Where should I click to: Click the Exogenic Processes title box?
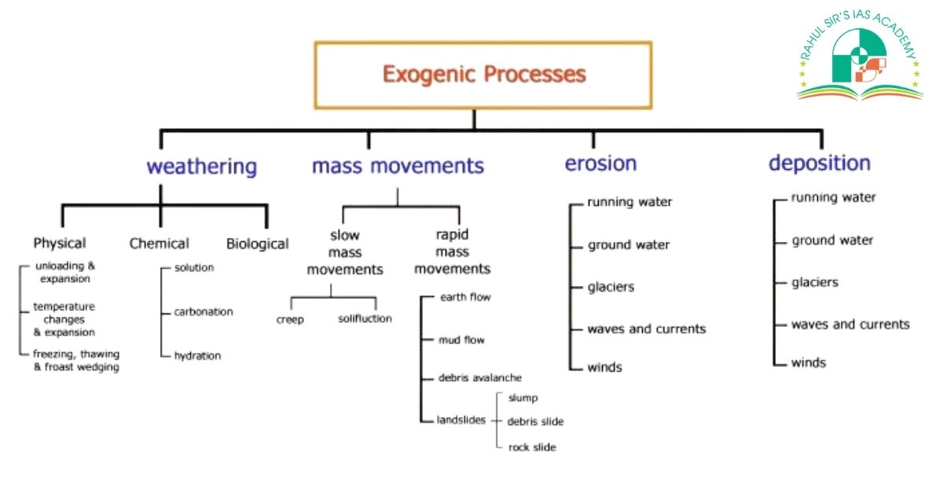(483, 75)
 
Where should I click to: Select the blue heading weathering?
(202, 167)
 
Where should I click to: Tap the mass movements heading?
(398, 167)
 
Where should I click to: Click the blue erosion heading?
(600, 163)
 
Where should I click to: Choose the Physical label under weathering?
(60, 244)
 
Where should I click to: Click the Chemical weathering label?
(160, 244)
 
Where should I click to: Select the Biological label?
(257, 244)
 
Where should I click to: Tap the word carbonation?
(204, 312)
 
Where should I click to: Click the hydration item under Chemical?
(197, 356)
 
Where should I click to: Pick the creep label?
(290, 319)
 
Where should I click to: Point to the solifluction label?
(365, 319)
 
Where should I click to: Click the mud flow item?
(461, 340)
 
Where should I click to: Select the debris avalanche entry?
(479, 378)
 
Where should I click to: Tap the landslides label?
(460, 420)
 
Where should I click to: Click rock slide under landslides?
(532, 447)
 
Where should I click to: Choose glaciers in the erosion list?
(611, 288)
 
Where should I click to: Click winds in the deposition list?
(809, 363)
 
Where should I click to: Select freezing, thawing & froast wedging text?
(75, 361)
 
